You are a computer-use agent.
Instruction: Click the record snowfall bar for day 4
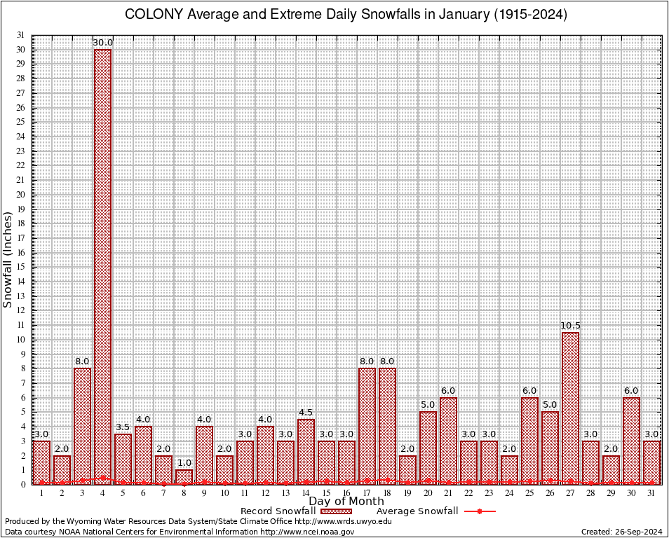coord(102,266)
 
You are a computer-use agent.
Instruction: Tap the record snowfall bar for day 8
coord(184,476)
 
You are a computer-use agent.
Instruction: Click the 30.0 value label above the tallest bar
coord(103,43)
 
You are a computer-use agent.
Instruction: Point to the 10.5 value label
coord(570,326)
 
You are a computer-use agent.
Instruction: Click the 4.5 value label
coord(306,413)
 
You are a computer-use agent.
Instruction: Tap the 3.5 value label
coord(123,427)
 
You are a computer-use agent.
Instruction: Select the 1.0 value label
coord(184,463)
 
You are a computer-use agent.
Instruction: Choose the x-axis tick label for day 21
coord(448,493)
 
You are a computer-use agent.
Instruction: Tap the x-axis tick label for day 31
coord(651,493)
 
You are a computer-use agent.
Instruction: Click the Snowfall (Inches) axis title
coord(8,260)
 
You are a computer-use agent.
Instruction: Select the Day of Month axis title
coord(346,502)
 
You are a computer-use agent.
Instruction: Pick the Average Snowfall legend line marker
coord(479,511)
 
